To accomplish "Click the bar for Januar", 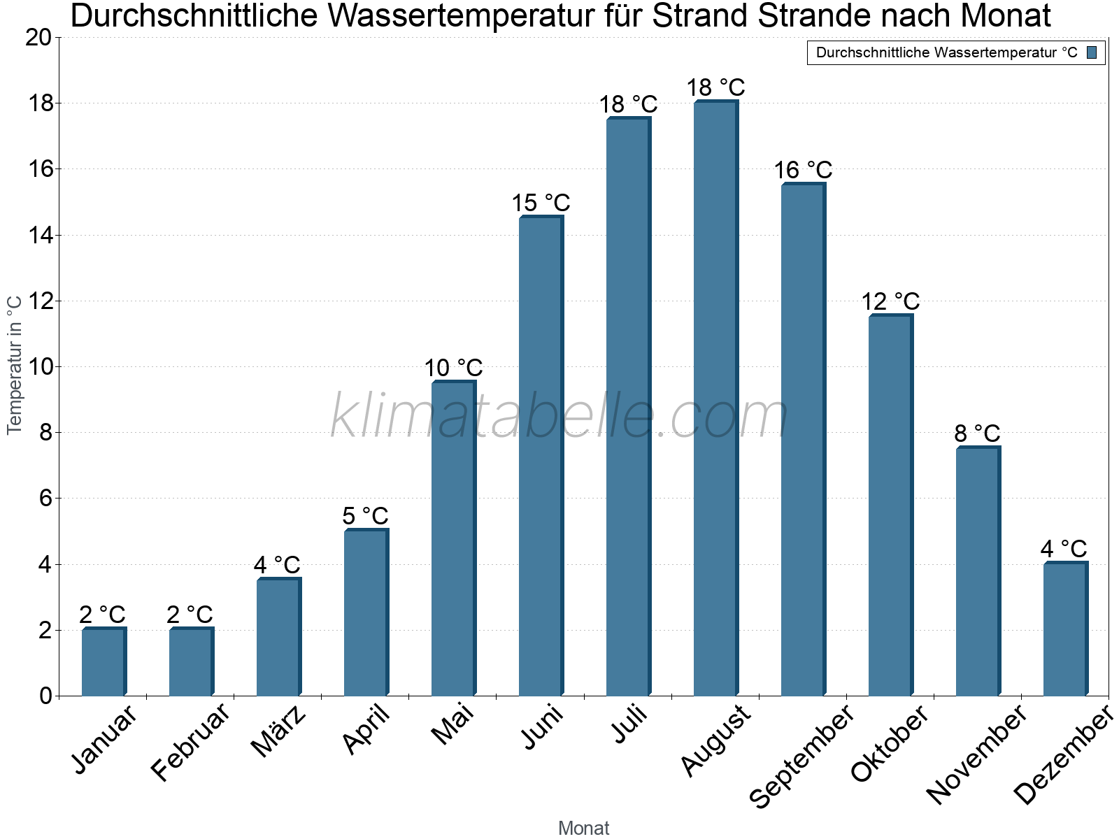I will [x=104, y=662].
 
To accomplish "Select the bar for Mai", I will [x=453, y=538].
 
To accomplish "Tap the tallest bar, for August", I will [x=715, y=399].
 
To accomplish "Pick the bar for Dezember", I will [x=1065, y=629].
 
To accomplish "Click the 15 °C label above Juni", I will [x=541, y=203].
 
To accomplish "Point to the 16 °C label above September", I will [x=803, y=171].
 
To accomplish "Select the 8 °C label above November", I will [x=977, y=433].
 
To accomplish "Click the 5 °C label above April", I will [x=365, y=516].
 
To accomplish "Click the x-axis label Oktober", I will [x=890, y=744].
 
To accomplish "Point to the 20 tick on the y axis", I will [x=38, y=38].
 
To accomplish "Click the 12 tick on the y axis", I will [x=38, y=301].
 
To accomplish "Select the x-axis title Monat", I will [x=583, y=829].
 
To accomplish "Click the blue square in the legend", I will [x=1092, y=52].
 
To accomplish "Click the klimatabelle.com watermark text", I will [x=559, y=416].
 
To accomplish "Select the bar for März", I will [x=278, y=638].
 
